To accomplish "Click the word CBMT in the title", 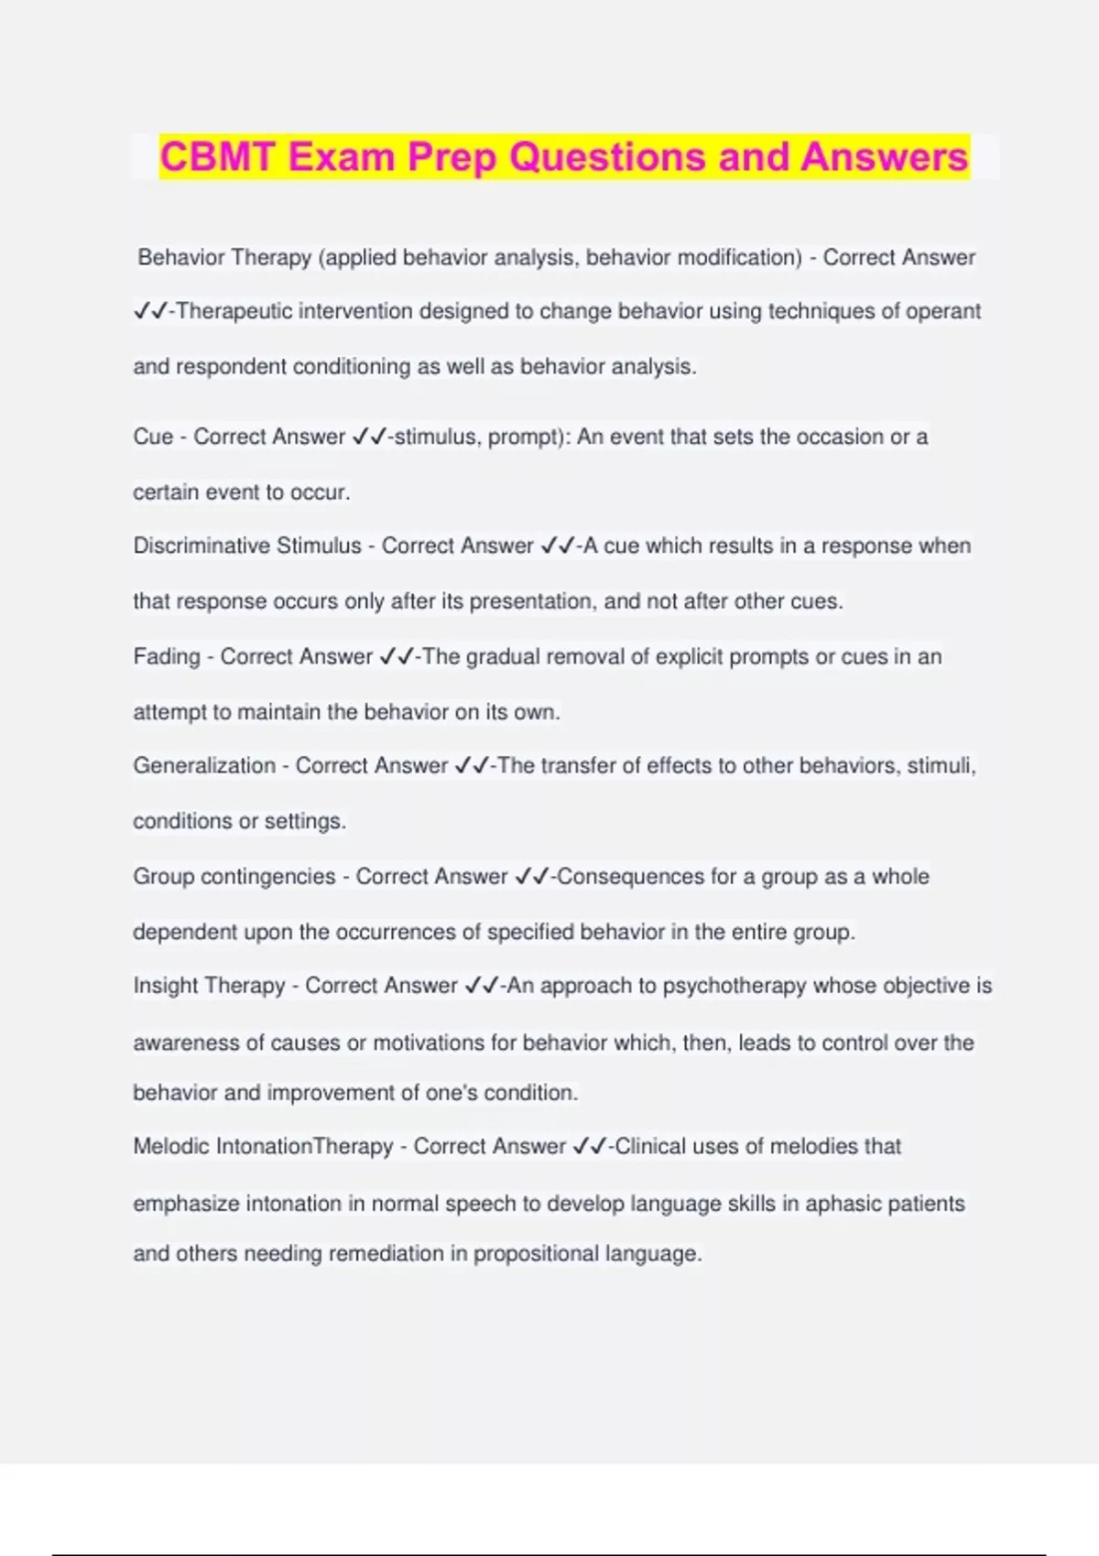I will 217,157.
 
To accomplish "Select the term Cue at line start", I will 153,437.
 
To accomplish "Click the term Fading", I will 167,656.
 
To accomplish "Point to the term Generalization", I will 204,765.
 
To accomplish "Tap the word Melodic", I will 171,1146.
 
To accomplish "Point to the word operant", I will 943,311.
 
